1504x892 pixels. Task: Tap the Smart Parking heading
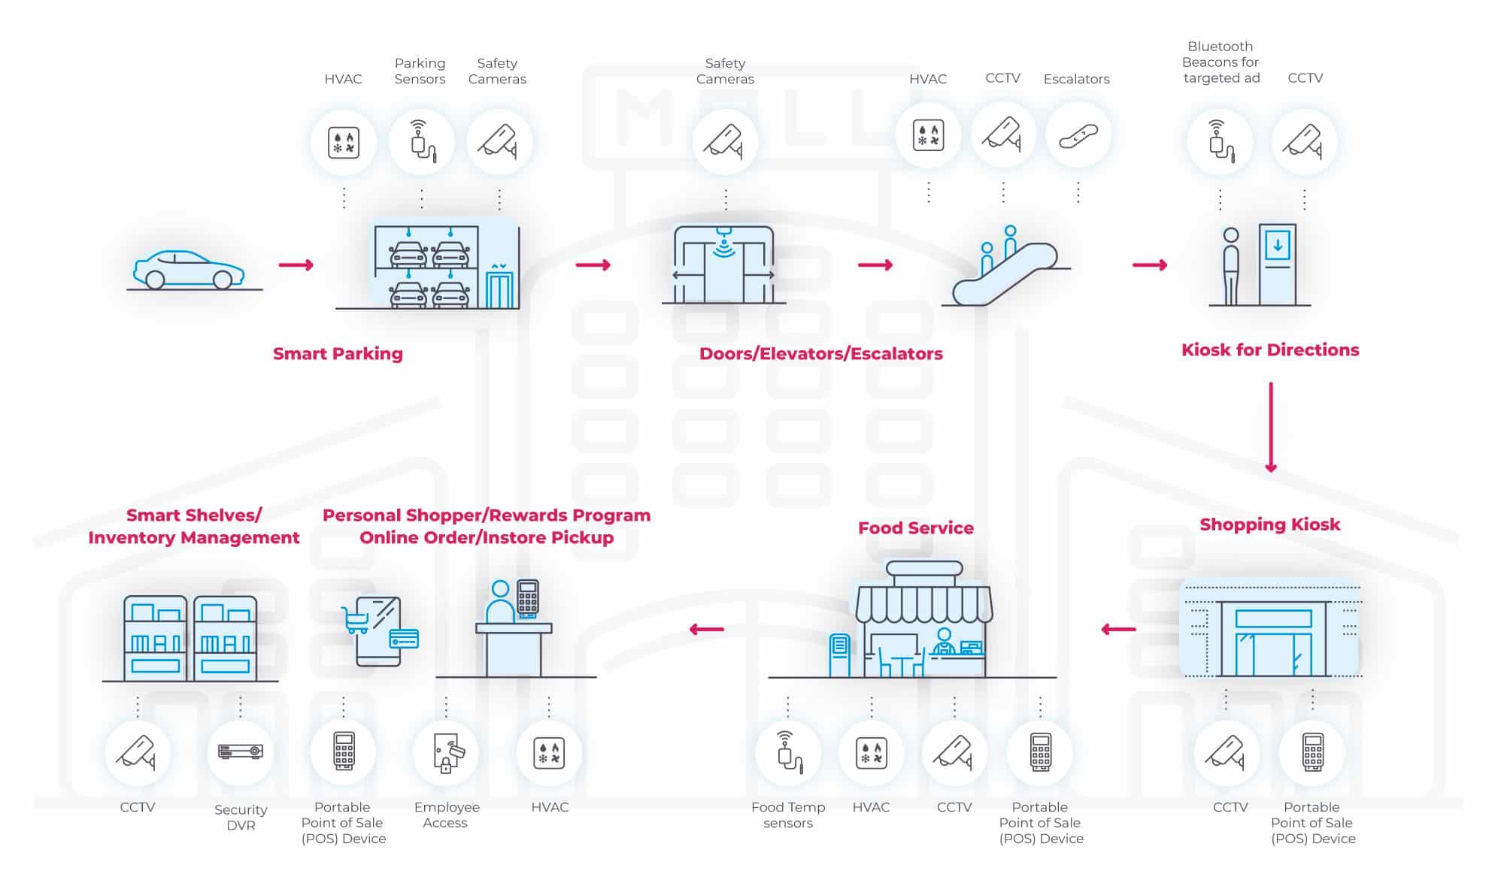tap(338, 354)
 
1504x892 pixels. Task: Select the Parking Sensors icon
tap(422, 141)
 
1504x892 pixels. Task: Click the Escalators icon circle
tap(1078, 136)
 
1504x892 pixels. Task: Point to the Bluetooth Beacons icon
tap(1220, 141)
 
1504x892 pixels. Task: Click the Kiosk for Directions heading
tap(1270, 350)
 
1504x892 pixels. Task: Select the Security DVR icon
tap(241, 751)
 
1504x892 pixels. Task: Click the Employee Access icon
tap(447, 752)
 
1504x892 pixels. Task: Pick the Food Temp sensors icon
tap(788, 752)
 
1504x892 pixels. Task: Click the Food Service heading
tap(915, 528)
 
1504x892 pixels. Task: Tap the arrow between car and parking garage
tap(296, 265)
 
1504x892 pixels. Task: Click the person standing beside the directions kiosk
tap(1231, 267)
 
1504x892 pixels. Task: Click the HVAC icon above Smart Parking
tap(344, 141)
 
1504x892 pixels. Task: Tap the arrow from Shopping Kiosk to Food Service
tap(1118, 629)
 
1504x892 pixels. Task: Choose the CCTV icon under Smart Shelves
tap(137, 752)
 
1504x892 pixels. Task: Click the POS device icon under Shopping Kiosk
tap(1312, 752)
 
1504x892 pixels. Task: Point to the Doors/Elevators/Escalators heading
tap(820, 354)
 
